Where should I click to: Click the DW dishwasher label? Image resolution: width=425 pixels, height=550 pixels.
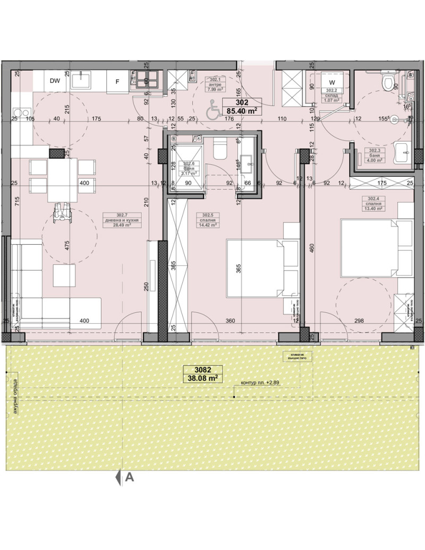click(x=54, y=81)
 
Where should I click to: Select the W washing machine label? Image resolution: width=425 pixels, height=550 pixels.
click(x=332, y=82)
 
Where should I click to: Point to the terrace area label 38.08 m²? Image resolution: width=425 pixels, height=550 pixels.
click(x=200, y=378)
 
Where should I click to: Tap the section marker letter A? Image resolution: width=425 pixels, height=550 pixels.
click(x=129, y=477)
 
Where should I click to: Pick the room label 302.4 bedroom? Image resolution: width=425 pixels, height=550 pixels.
click(x=373, y=203)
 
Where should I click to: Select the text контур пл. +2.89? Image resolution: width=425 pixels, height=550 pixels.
click(x=259, y=383)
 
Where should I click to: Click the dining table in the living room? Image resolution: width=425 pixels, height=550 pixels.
click(x=62, y=179)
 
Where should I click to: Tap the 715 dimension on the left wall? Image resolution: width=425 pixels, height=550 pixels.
click(x=17, y=205)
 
